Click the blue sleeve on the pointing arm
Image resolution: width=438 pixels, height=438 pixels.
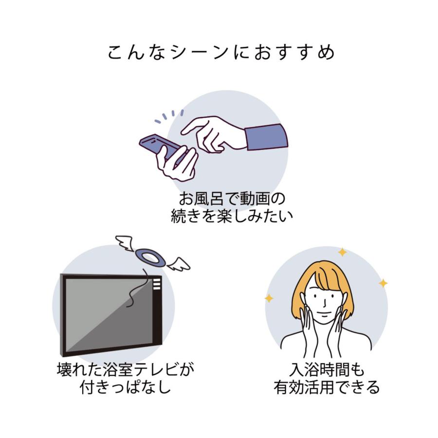(x=266, y=138)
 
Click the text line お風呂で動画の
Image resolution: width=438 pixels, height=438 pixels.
(x=231, y=199)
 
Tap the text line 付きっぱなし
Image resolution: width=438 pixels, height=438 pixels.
(x=125, y=387)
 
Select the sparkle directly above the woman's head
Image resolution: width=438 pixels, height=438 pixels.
(x=342, y=252)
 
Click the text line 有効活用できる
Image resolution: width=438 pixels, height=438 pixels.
(x=325, y=387)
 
